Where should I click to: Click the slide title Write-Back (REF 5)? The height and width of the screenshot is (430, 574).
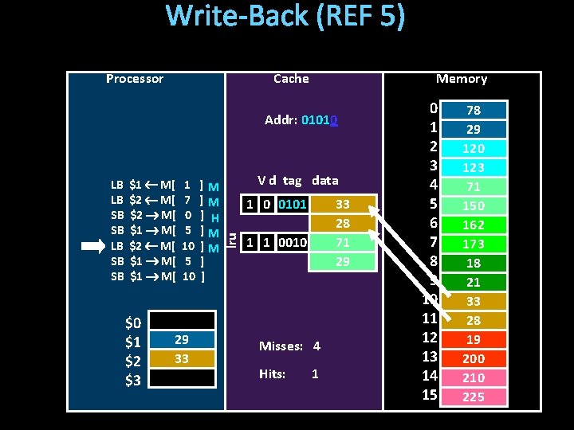285,18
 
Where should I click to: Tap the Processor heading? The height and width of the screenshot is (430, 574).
135,79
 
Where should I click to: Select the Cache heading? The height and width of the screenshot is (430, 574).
291,79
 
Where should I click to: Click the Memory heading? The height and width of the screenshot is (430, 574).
461,79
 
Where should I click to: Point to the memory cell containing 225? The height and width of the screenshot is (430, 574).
474,397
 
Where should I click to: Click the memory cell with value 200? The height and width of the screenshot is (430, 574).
474,358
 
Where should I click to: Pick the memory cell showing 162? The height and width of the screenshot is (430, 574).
474,225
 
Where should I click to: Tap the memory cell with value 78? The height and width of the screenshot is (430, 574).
474,110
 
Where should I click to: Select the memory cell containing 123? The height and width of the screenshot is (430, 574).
474,167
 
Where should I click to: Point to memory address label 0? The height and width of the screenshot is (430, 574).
432,107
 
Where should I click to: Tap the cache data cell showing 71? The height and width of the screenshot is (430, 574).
342,242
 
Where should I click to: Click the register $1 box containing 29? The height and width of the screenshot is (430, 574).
182,340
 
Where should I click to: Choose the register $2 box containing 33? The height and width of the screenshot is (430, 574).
182,359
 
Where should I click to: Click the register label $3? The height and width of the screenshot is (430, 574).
133,380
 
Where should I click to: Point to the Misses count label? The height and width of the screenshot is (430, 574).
281,346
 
